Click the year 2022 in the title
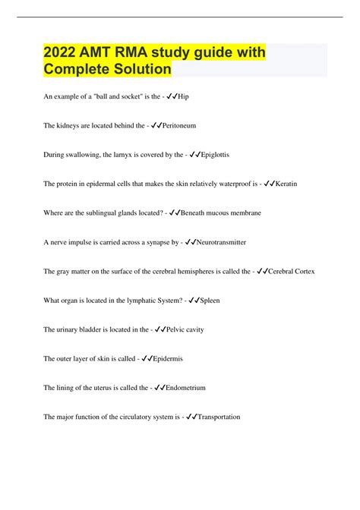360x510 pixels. tap(62, 55)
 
